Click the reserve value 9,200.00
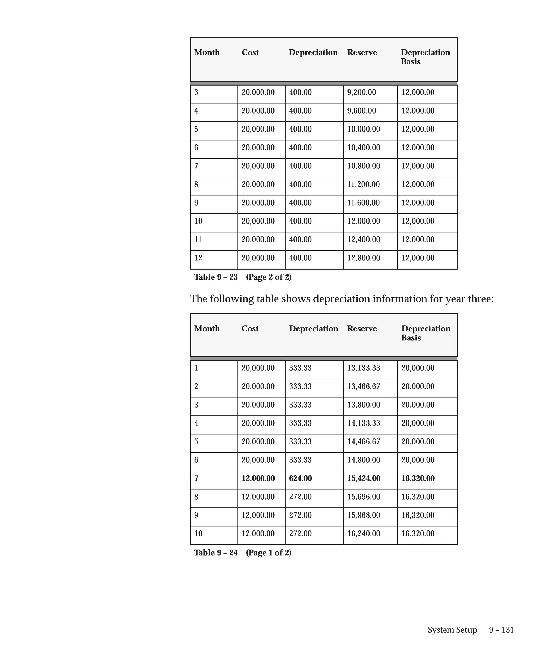click(361, 92)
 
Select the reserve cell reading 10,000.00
click(364, 129)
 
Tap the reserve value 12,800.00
click(364, 258)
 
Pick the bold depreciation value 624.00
click(300, 478)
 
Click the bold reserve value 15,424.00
click(364, 478)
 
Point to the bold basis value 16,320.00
click(418, 478)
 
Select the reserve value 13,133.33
click(364, 368)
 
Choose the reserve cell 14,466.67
click(364, 442)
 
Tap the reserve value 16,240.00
click(364, 534)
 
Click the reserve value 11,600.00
click(364, 203)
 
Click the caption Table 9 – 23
click(216, 277)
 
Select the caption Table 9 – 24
click(216, 553)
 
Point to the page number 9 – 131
click(501, 630)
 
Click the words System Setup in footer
click(452, 630)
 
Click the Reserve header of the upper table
click(362, 52)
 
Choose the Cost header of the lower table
click(250, 328)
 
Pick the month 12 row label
click(198, 258)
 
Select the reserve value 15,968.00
click(364, 515)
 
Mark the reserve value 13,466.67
click(364, 386)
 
